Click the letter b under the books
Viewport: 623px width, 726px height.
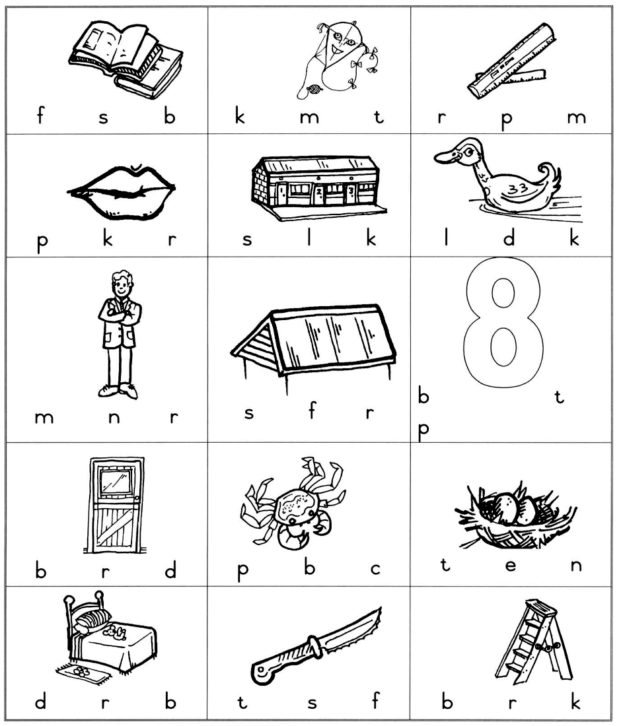click(170, 115)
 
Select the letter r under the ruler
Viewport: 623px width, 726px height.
click(441, 118)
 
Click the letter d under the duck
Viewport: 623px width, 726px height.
click(509, 238)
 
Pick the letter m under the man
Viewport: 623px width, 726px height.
click(44, 418)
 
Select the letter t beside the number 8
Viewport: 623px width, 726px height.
click(559, 397)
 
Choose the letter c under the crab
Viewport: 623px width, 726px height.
click(375, 569)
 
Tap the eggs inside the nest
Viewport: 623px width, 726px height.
click(513, 508)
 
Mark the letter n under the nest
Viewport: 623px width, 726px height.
click(576, 566)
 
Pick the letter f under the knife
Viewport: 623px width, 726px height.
click(375, 700)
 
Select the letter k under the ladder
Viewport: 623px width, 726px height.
click(575, 702)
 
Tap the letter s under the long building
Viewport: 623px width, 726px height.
click(248, 240)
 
